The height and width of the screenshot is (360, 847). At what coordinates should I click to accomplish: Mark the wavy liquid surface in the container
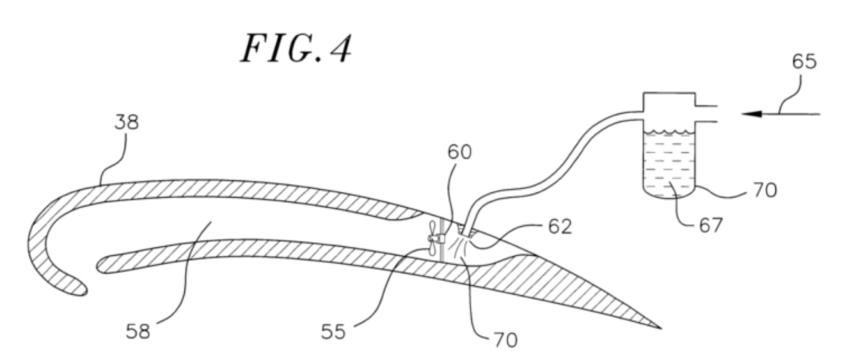pos(667,134)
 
